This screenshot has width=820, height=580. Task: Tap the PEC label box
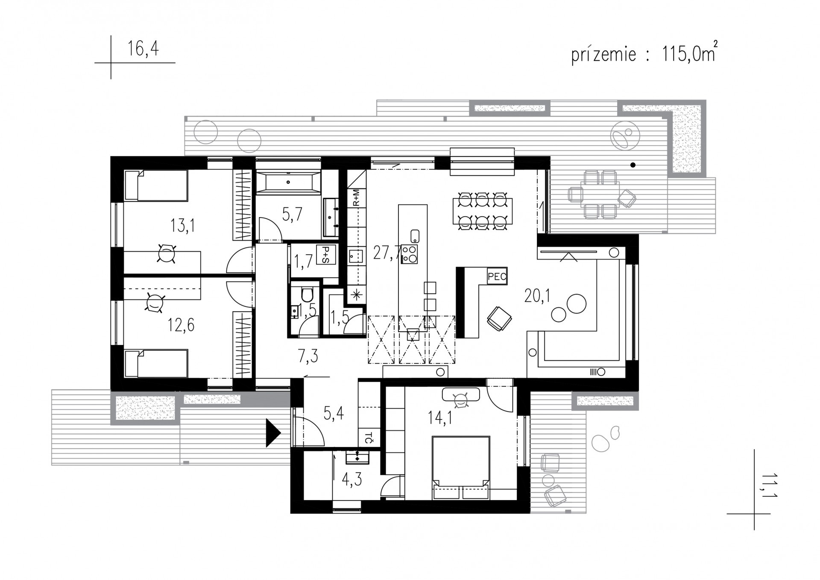pyautogui.click(x=497, y=276)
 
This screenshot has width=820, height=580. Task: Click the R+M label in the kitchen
pyautogui.click(x=357, y=198)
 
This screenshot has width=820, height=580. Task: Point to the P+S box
pyautogui.click(x=326, y=255)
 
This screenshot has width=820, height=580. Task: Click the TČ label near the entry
pyautogui.click(x=369, y=438)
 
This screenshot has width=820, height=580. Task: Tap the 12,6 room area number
pyautogui.click(x=181, y=325)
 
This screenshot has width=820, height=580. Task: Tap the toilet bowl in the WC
pyautogui.click(x=307, y=294)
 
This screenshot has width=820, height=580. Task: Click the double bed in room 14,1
pyautogui.click(x=461, y=467)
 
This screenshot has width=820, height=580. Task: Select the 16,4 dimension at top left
pyautogui.click(x=143, y=48)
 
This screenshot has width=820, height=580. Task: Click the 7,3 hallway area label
pyautogui.click(x=308, y=356)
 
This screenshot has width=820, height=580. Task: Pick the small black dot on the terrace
pyautogui.click(x=633, y=165)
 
